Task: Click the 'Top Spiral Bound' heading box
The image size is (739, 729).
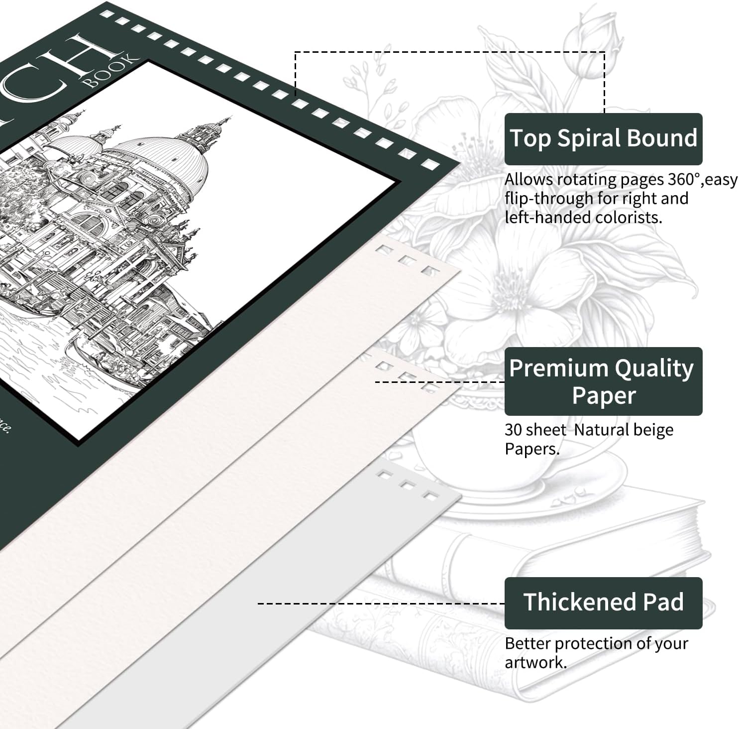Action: pyautogui.click(x=603, y=139)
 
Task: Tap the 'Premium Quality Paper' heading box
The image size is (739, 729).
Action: pyautogui.click(x=603, y=381)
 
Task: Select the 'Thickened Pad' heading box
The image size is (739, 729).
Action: pyautogui.click(x=603, y=603)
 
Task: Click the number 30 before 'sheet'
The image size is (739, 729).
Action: pyautogui.click(x=514, y=430)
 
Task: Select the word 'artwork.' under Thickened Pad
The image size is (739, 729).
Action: pyautogui.click(x=535, y=663)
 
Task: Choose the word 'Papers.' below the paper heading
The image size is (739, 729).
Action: pyautogui.click(x=532, y=449)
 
